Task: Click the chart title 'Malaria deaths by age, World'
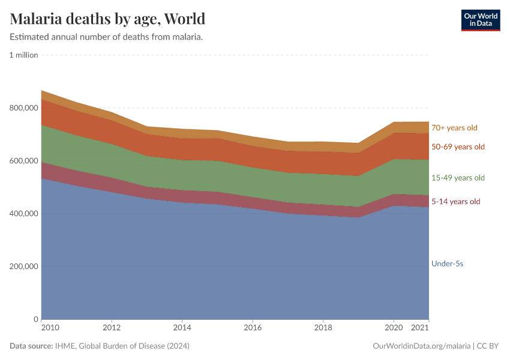107,19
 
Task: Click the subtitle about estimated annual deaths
106,37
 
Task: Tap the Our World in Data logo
480,20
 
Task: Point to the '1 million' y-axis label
23,55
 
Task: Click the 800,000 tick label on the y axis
23,108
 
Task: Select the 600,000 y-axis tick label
23,161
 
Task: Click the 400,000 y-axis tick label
23,214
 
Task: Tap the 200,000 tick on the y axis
23,266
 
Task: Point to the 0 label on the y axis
36,319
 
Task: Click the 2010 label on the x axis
50,328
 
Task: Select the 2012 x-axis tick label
112,328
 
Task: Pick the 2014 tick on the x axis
182,328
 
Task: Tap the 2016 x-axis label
253,328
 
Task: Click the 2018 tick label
323,328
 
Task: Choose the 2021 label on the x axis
419,328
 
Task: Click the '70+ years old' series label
454,128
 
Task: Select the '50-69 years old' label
458,147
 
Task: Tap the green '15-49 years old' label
458,178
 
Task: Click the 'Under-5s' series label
448,263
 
